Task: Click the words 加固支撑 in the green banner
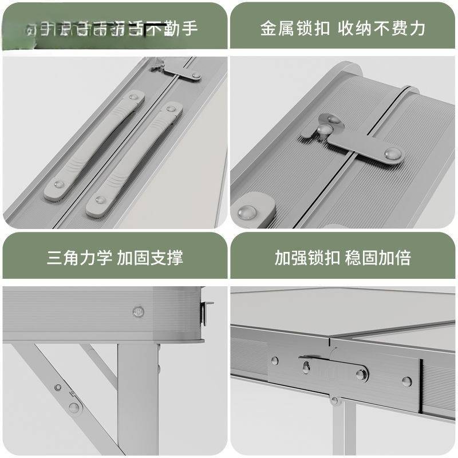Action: (150, 257)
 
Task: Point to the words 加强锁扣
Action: (306, 257)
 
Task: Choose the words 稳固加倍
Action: (378, 257)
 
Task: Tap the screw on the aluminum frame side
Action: (138, 311)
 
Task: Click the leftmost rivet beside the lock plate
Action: (275, 361)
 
